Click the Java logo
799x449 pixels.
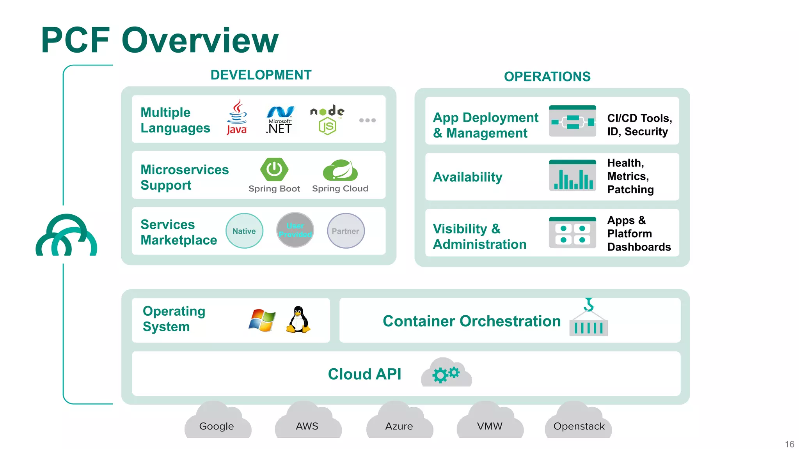coord(237,117)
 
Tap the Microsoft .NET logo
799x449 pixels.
coord(279,120)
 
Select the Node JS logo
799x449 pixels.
coord(327,120)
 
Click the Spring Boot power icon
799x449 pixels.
coord(274,170)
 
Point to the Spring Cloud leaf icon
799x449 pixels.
coord(340,170)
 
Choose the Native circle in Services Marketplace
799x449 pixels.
coord(244,231)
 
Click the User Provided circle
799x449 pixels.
coord(295,230)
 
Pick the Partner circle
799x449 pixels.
coord(346,231)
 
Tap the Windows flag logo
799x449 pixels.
coord(262,320)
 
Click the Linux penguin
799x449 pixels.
coord(298,320)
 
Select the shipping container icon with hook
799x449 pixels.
coord(588,319)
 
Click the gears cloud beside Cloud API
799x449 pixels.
coord(446,373)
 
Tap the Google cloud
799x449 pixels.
coord(217,422)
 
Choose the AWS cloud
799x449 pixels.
coord(308,422)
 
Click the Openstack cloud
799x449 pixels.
coord(578,422)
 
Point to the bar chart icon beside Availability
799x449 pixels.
coord(572,176)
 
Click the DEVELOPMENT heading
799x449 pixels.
coord(261,75)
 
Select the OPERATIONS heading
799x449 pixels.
coord(547,76)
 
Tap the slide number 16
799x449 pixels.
coord(789,444)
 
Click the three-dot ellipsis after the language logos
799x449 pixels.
coord(367,120)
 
